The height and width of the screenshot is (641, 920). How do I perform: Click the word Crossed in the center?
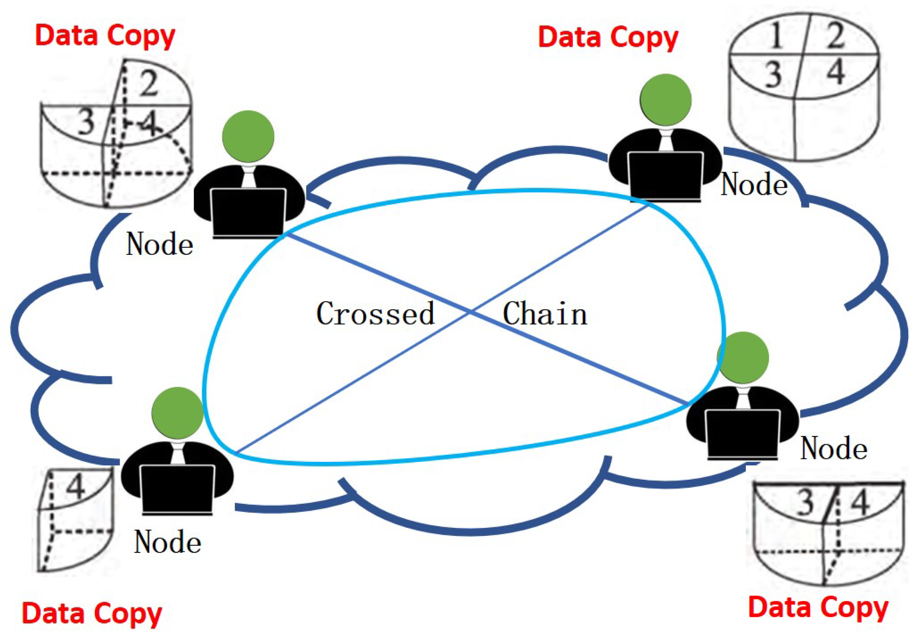(375, 313)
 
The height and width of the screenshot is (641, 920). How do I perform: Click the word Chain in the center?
(545, 314)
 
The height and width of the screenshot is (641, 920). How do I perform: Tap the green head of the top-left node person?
(248, 136)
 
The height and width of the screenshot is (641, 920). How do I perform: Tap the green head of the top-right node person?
(666, 100)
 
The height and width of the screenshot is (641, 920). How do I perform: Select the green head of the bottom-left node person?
(178, 413)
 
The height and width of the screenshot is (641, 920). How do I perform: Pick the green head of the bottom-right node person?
(743, 358)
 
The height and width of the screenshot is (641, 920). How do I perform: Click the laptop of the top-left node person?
(248, 213)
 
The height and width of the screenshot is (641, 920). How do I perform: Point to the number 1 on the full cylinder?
(776, 36)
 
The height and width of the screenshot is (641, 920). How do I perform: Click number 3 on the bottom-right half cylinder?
(806, 502)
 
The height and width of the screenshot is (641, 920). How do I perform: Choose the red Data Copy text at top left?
(105, 36)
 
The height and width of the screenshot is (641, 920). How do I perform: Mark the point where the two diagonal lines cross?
(472, 312)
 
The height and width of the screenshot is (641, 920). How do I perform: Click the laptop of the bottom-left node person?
(178, 489)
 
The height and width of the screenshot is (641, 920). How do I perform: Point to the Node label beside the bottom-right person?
(834, 448)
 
